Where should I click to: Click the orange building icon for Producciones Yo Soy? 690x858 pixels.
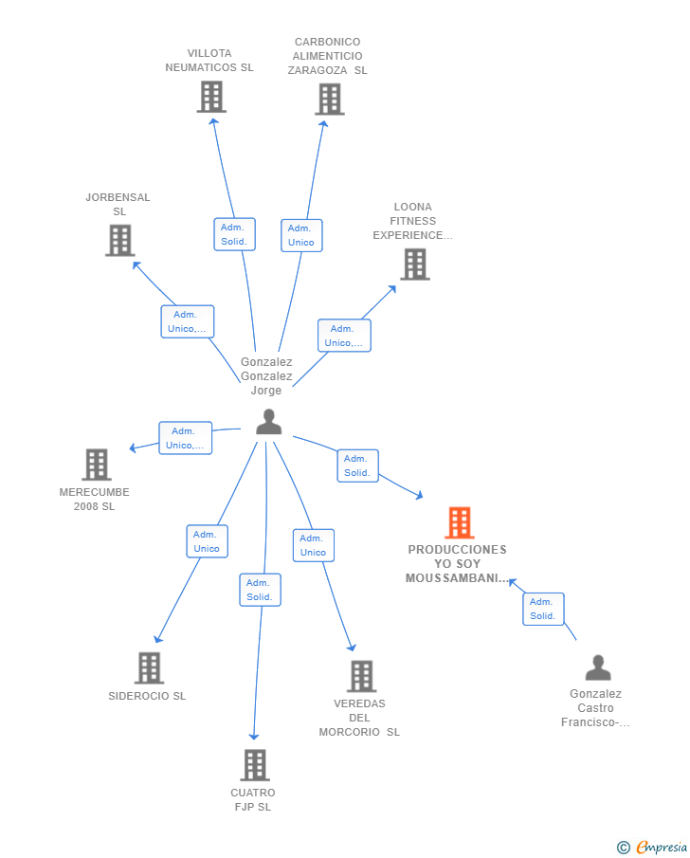click(x=459, y=522)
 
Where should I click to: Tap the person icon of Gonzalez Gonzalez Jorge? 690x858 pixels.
click(x=268, y=422)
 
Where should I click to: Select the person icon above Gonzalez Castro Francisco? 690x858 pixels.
click(x=598, y=667)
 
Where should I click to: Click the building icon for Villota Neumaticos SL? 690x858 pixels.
click(x=211, y=97)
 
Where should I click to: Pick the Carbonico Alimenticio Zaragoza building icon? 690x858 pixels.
click(x=330, y=99)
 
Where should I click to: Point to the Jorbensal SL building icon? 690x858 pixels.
click(x=120, y=240)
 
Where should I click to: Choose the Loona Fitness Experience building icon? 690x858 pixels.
click(x=415, y=265)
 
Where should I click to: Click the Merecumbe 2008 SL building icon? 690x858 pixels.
click(x=97, y=465)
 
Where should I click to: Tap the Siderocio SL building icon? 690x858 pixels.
click(x=150, y=668)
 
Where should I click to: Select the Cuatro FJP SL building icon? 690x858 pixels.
click(x=255, y=765)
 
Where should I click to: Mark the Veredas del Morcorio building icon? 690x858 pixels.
click(x=362, y=676)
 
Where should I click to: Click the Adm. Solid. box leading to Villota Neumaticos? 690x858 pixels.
click(x=234, y=234)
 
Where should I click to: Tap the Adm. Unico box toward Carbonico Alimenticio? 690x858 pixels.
click(x=301, y=235)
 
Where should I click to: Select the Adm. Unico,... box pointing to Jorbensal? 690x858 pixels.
click(x=187, y=321)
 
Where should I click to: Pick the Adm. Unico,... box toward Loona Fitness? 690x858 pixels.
click(x=344, y=336)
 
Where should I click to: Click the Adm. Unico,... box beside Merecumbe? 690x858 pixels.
click(x=185, y=438)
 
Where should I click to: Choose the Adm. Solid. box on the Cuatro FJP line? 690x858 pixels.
click(x=260, y=590)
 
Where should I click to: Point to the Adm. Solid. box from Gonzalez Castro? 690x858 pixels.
click(x=543, y=609)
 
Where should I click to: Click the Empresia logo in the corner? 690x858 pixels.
click(x=652, y=847)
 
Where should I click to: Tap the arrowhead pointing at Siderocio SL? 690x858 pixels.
click(x=158, y=639)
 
